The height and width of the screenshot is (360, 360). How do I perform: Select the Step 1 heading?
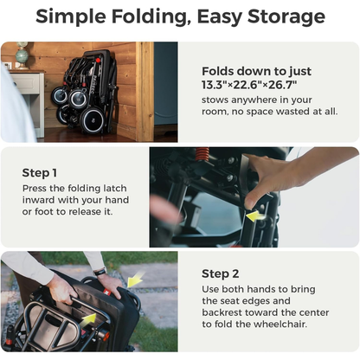41,172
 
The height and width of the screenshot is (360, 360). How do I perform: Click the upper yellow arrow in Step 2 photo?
134,280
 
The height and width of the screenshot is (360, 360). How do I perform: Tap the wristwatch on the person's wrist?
100,272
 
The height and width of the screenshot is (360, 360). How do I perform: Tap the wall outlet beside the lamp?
6,64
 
